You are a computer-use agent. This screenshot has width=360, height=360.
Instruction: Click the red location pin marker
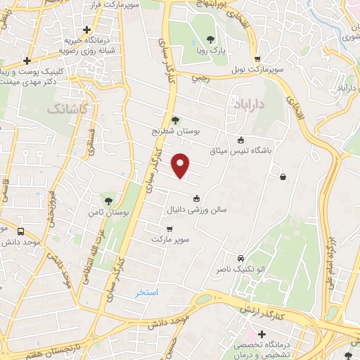point(181,165)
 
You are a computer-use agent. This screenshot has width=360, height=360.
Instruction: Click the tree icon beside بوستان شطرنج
point(175,121)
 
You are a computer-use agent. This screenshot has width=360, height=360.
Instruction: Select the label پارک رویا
point(210,51)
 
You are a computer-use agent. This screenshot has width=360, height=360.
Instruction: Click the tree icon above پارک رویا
point(210,39)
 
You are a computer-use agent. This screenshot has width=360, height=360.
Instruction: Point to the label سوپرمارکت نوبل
point(258,71)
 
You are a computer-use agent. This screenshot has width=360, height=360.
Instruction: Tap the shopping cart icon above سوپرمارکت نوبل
point(257,60)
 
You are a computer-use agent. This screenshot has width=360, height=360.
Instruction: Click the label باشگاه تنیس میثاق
point(238,150)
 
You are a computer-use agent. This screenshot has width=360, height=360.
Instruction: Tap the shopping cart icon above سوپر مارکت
point(169,229)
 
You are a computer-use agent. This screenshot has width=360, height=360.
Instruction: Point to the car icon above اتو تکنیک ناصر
point(241,259)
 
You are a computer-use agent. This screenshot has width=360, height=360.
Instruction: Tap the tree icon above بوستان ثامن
point(107,200)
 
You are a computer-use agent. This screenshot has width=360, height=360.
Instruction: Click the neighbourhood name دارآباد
point(250,104)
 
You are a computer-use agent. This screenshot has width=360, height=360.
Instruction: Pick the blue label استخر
point(147,292)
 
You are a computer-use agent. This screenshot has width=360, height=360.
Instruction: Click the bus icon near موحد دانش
point(20,231)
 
